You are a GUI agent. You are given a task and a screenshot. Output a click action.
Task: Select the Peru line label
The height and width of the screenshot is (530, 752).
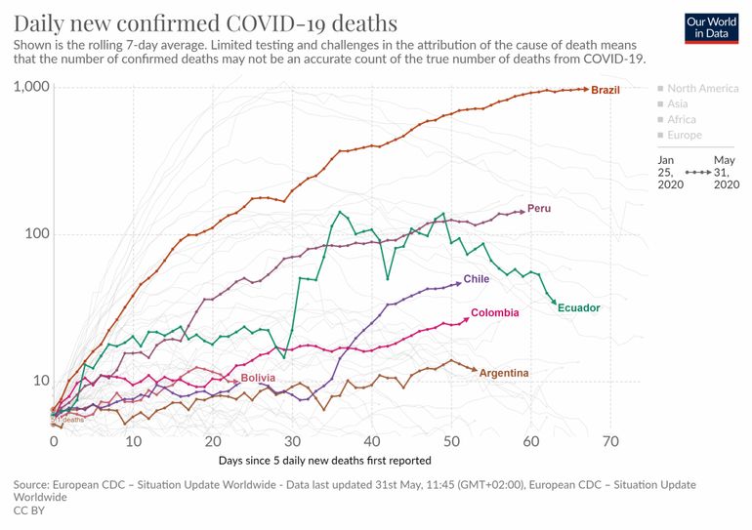pos(539,209)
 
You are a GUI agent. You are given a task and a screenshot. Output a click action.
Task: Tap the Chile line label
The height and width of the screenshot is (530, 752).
pos(477,279)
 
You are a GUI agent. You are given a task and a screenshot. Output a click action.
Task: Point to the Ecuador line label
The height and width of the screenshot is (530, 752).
pos(578,308)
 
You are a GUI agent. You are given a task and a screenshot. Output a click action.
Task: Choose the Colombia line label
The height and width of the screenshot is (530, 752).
pos(494,313)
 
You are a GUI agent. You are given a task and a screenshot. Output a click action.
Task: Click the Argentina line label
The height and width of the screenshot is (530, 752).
pos(505,373)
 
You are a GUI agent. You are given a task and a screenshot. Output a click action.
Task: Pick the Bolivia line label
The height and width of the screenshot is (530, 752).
pos(258,377)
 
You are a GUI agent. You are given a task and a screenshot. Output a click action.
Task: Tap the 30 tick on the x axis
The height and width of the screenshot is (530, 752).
pos(292,441)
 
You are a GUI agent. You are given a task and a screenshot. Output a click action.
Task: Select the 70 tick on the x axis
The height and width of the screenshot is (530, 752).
pos(611,441)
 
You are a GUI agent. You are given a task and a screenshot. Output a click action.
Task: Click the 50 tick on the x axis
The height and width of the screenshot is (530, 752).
pos(451,441)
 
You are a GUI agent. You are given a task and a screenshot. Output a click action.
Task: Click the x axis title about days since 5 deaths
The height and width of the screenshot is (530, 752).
pos(324,460)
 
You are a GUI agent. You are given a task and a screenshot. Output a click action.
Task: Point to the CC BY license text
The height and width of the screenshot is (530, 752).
pos(29,510)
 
